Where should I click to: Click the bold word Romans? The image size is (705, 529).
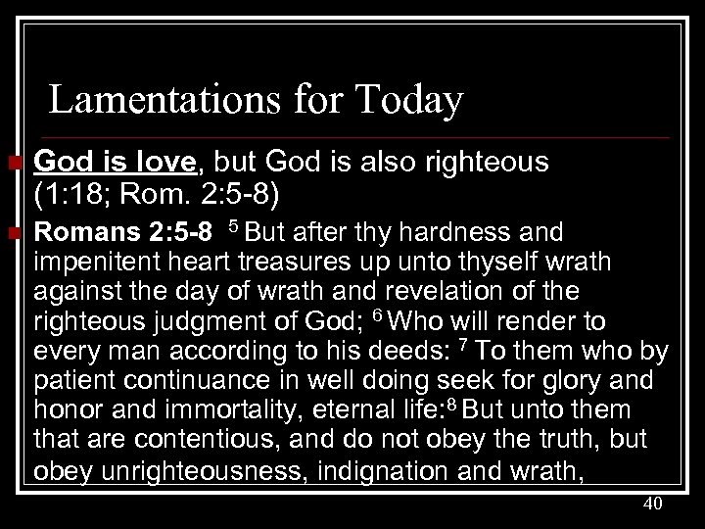coord(77,233)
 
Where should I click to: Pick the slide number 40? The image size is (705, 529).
coord(654,504)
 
